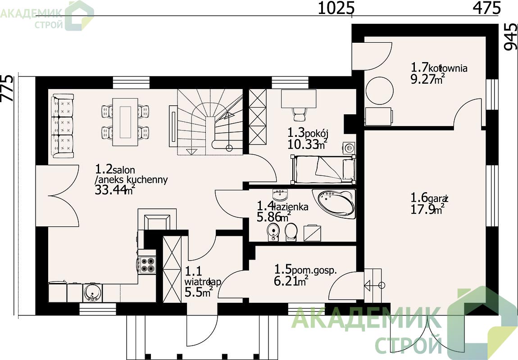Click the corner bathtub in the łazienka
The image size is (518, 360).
pyautogui.click(x=336, y=203)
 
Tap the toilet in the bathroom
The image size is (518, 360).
pyautogui.click(x=291, y=232)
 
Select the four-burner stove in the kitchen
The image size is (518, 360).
pyautogui.click(x=147, y=265)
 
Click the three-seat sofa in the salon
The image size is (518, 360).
pyautogui.click(x=63, y=126)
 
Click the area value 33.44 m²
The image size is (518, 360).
pyautogui.click(x=114, y=190)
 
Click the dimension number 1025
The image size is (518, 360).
pyautogui.click(x=336, y=8)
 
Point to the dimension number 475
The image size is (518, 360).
pyautogui.click(x=487, y=8)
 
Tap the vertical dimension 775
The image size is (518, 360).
pyautogui.click(x=7, y=88)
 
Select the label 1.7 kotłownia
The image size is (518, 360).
pyautogui.click(x=439, y=67)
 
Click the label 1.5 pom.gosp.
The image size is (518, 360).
pyautogui.click(x=305, y=270)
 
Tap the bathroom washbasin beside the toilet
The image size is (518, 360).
pyautogui.click(x=273, y=231)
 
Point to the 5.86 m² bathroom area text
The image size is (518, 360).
pyautogui.click(x=274, y=217)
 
